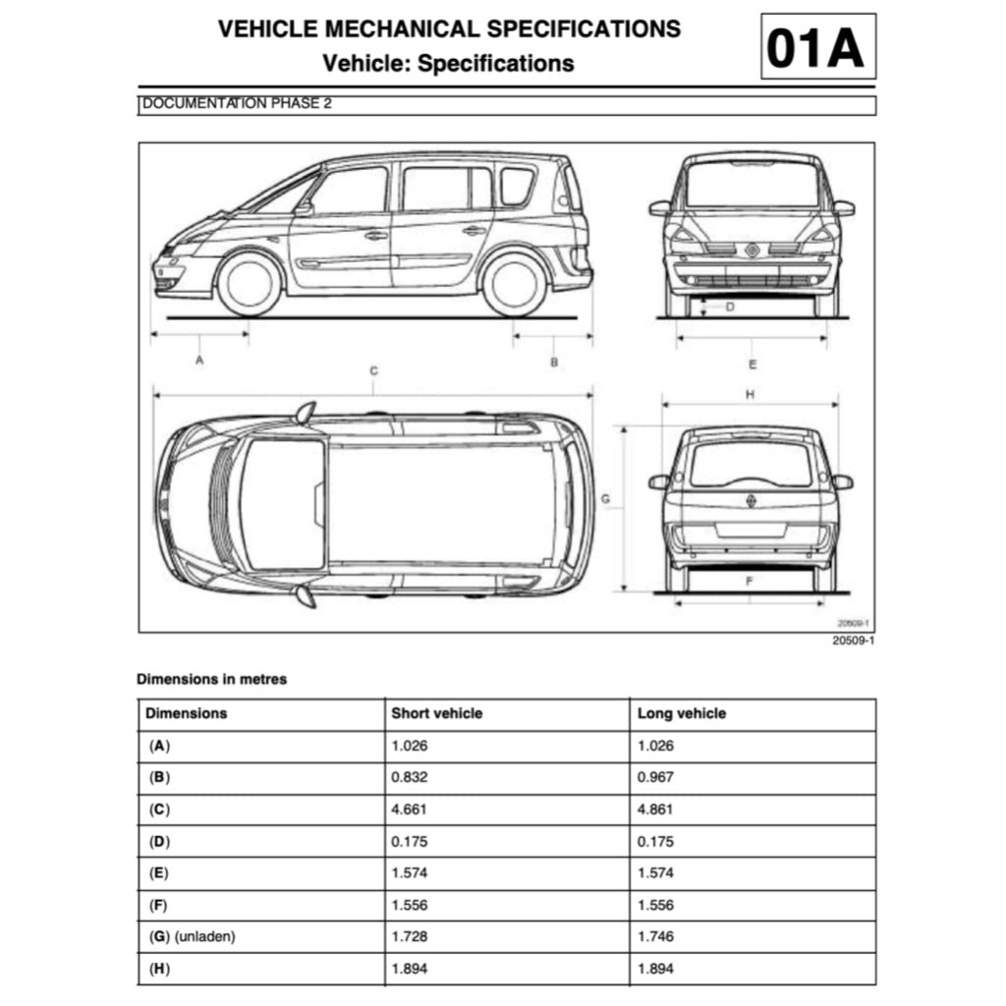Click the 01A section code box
pos(817,47)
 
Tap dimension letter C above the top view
pos(374,371)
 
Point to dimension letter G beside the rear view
pos(606,500)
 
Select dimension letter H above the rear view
pos(750,395)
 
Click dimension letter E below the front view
pos(753,364)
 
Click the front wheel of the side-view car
pos(250,284)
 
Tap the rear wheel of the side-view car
pos(514,284)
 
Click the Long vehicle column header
pos(681,713)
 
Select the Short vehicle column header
pos(436,713)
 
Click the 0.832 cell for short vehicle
pos(410,777)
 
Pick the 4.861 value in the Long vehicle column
pos(655,810)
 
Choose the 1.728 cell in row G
pos(410,936)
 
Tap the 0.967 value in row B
pos(655,777)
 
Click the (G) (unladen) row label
pos(192,936)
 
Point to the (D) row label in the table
pos(159,841)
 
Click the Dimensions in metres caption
pos(211,679)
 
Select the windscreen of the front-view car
pos(752,184)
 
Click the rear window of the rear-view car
pos(751,464)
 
